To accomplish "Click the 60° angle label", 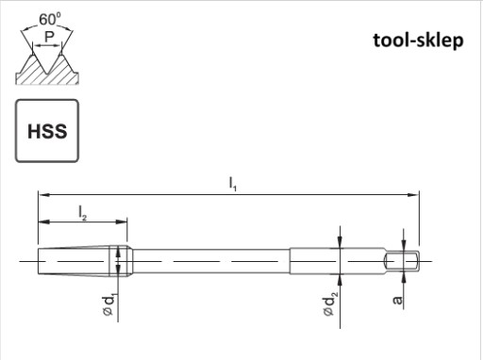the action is point(50,19).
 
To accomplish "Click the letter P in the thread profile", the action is point(49,37).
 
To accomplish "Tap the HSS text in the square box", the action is point(47,131).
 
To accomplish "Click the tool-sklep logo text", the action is point(418,41).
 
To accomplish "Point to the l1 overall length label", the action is point(233,184).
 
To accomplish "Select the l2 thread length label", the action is point(82,213).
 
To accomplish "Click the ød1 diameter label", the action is point(109,305).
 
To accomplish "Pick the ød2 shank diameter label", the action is point(330,303).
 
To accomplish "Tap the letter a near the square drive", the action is point(398,300).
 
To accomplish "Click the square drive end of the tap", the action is point(403,261).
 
